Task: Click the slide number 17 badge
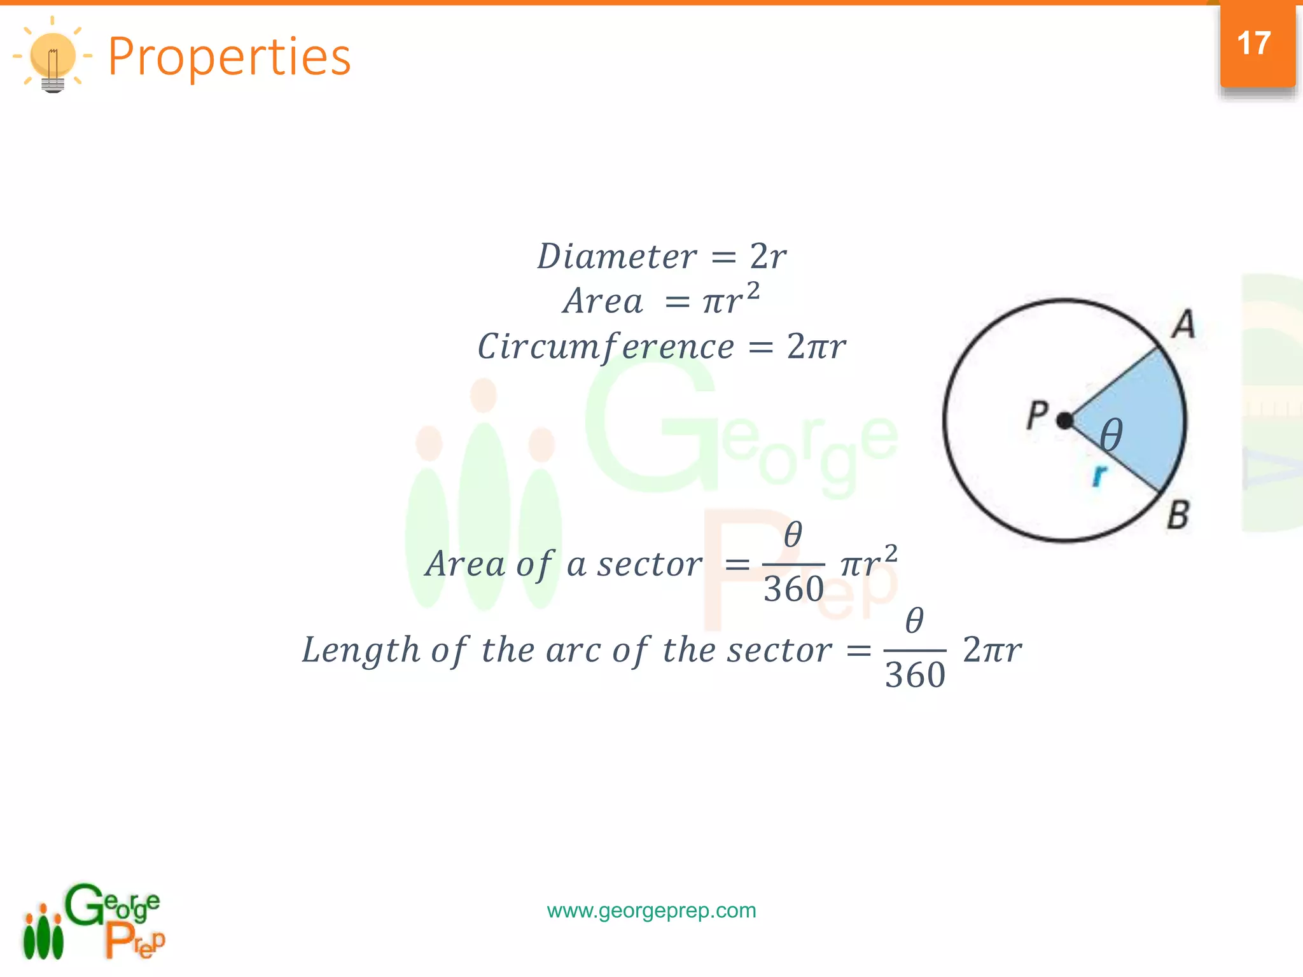pos(1257,45)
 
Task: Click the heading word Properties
pos(229,57)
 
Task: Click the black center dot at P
pos(1064,420)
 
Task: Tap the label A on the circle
pos(1183,324)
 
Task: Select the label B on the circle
pos(1178,515)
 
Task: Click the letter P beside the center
pos(1037,415)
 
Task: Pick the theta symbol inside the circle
pos(1111,436)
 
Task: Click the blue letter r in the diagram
pos(1099,475)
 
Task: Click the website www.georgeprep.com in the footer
pos(651,910)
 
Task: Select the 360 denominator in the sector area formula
pos(793,589)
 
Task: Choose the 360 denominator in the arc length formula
pos(915,675)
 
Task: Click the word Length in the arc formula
pos(361,650)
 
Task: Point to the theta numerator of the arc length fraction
pos(914,620)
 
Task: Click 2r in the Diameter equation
pos(769,257)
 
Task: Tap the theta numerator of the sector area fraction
pos(793,534)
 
